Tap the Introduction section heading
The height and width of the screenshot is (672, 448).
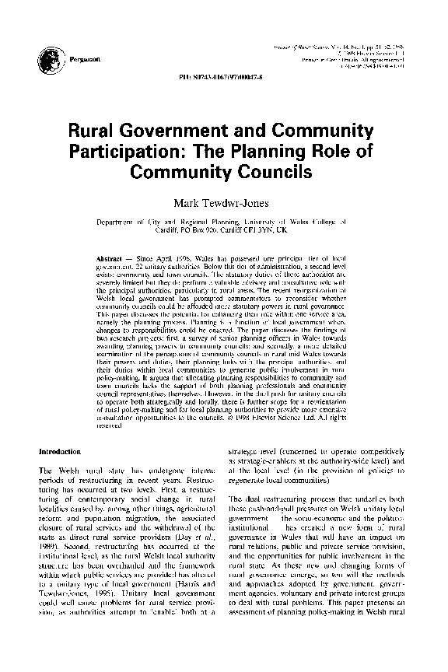[x=60, y=450]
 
